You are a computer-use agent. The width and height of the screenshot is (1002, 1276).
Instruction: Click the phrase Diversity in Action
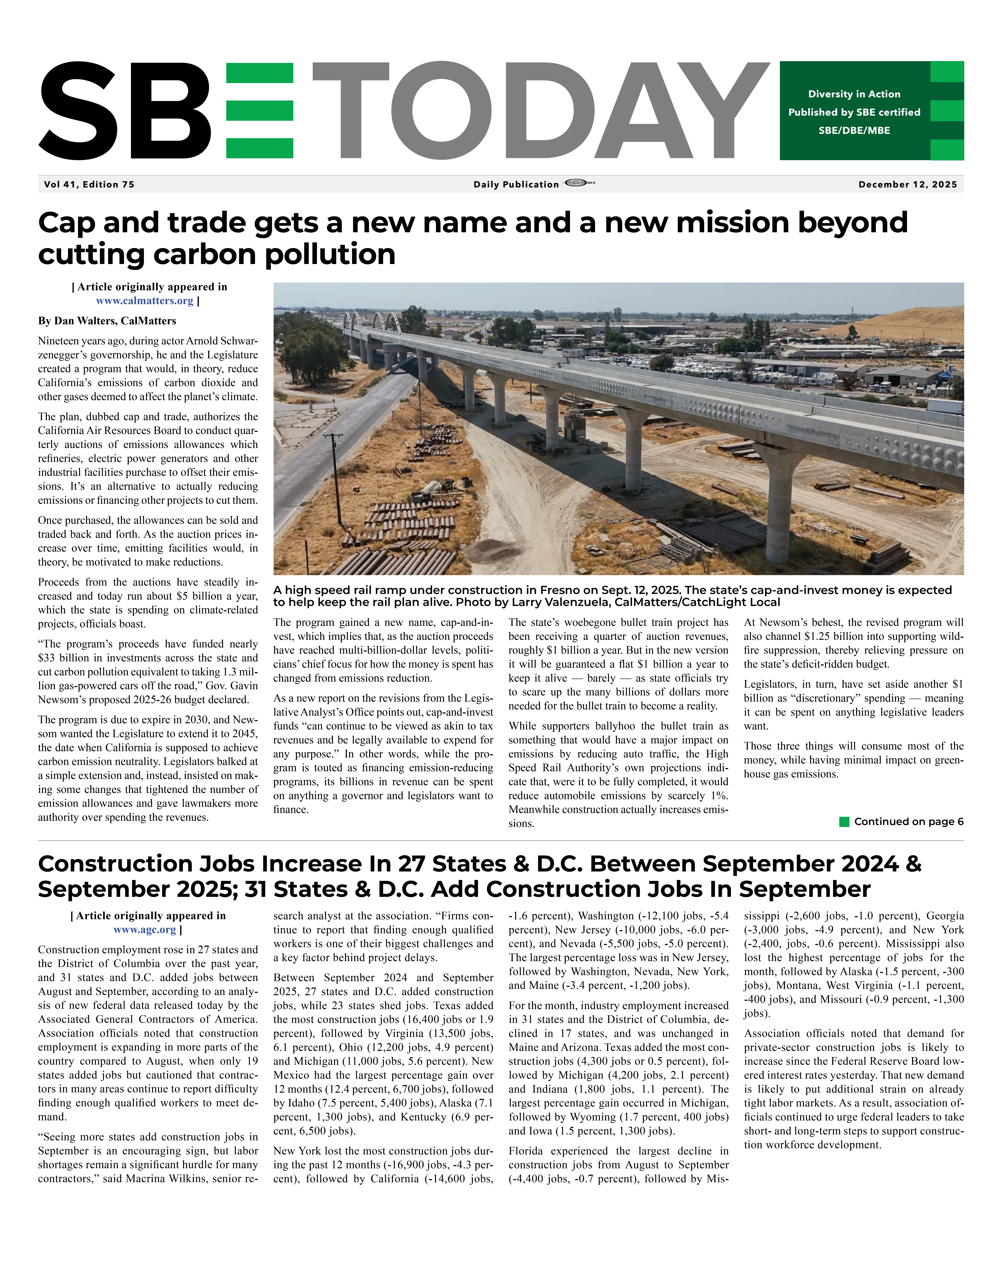point(854,94)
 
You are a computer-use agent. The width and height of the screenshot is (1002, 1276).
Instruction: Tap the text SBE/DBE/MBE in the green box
point(854,130)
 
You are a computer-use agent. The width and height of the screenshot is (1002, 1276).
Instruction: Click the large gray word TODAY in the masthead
point(540,110)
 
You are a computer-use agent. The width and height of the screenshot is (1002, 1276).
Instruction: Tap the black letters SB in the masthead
point(124,110)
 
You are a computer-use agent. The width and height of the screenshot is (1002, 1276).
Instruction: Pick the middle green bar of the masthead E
point(259,110)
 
